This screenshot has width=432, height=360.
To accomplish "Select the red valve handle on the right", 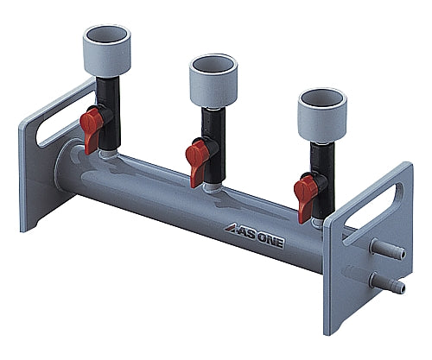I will [307, 185].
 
